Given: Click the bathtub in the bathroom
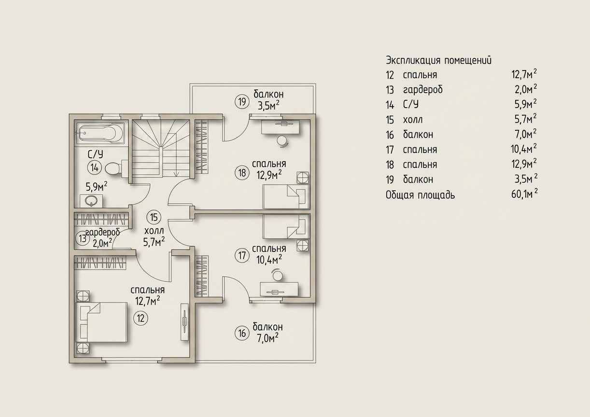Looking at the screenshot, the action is [100, 133].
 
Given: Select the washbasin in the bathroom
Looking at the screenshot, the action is [91, 201].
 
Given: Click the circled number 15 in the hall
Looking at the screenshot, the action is [154, 217].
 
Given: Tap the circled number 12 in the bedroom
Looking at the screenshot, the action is [141, 319].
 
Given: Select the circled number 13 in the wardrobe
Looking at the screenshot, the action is [83, 239].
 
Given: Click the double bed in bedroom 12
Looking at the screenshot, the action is [101, 322].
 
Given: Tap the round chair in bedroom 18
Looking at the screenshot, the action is [282, 140].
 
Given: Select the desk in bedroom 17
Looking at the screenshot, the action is [279, 289].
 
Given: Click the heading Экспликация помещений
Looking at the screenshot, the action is [438, 60].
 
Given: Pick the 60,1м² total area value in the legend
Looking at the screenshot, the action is [524, 195].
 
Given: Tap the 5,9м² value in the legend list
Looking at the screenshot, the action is [526, 105].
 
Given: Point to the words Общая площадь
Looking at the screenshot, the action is [421, 195].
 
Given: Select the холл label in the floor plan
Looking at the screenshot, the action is [154, 231].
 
